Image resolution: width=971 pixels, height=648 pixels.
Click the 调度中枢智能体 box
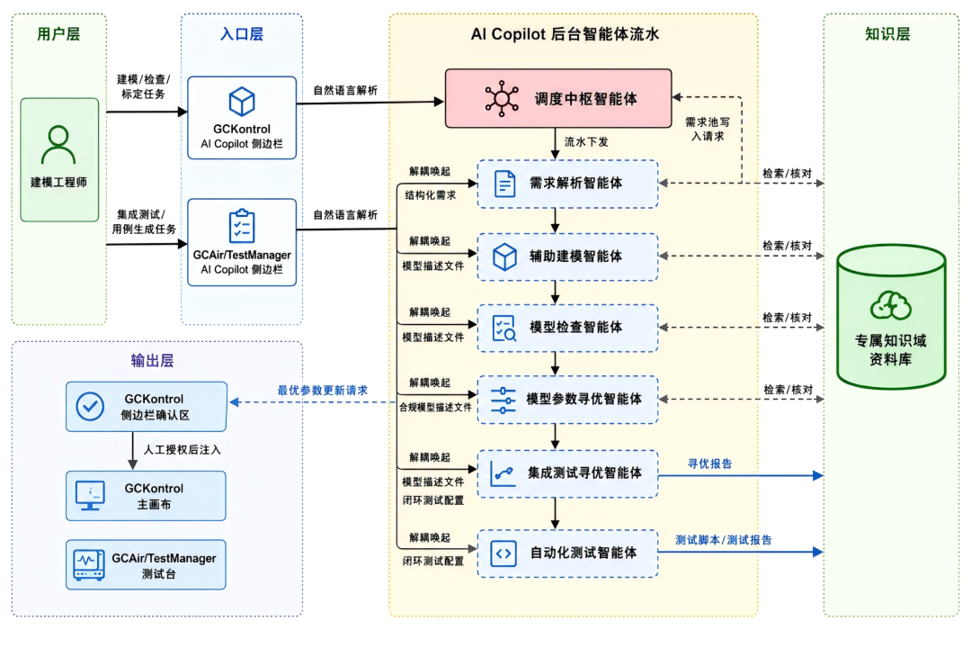pyautogui.click(x=558, y=99)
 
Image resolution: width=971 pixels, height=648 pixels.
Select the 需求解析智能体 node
pyautogui.click(x=567, y=184)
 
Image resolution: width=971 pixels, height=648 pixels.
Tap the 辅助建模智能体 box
pyautogui.click(x=567, y=256)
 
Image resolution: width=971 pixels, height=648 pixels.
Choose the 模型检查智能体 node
pyautogui.click(x=567, y=328)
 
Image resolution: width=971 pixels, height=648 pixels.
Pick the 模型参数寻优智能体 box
pyautogui.click(x=567, y=400)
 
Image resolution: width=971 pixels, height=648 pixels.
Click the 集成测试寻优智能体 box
pyautogui.click(x=567, y=473)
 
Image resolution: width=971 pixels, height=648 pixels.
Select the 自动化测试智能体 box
pyautogui.click(x=567, y=553)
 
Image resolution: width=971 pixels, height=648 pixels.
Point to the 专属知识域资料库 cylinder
pyautogui.click(x=891, y=317)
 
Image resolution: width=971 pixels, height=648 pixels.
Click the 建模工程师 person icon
pyautogui.click(x=58, y=145)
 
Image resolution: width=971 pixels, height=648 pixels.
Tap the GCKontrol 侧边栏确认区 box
pyautogui.click(x=147, y=407)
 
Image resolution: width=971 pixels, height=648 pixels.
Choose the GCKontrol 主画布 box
pyautogui.click(x=147, y=496)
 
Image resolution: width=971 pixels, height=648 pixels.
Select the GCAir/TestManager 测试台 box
pyautogui.click(x=147, y=565)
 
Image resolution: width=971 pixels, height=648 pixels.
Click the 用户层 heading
pyautogui.click(x=58, y=34)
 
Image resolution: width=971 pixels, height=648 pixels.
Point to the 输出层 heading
pyautogui.click(x=152, y=361)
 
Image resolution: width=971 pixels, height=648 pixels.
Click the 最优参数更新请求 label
pyautogui.click(x=323, y=390)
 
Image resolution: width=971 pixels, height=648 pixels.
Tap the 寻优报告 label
pyautogui.click(x=709, y=463)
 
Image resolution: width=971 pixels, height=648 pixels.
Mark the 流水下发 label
pyautogui.click(x=586, y=142)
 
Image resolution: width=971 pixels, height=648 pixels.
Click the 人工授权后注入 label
pyautogui.click(x=182, y=450)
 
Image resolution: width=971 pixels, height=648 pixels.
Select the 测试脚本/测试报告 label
pyautogui.click(x=723, y=540)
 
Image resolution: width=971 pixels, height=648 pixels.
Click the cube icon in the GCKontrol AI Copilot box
pyautogui.click(x=242, y=101)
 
